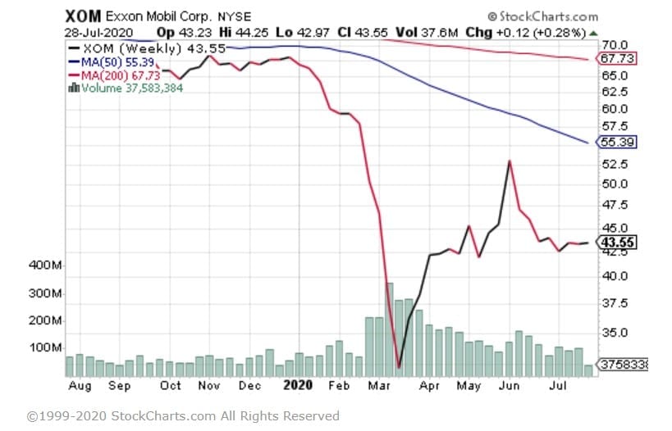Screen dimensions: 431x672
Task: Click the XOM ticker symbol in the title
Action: (82, 16)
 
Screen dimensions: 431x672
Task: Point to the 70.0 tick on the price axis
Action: (615, 44)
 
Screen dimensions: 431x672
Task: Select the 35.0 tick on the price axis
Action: (615, 333)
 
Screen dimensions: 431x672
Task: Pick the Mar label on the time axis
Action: (377, 384)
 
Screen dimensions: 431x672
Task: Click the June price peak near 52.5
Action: (510, 161)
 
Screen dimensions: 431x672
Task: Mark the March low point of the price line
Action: (399, 368)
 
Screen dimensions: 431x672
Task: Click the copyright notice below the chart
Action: (183, 415)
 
